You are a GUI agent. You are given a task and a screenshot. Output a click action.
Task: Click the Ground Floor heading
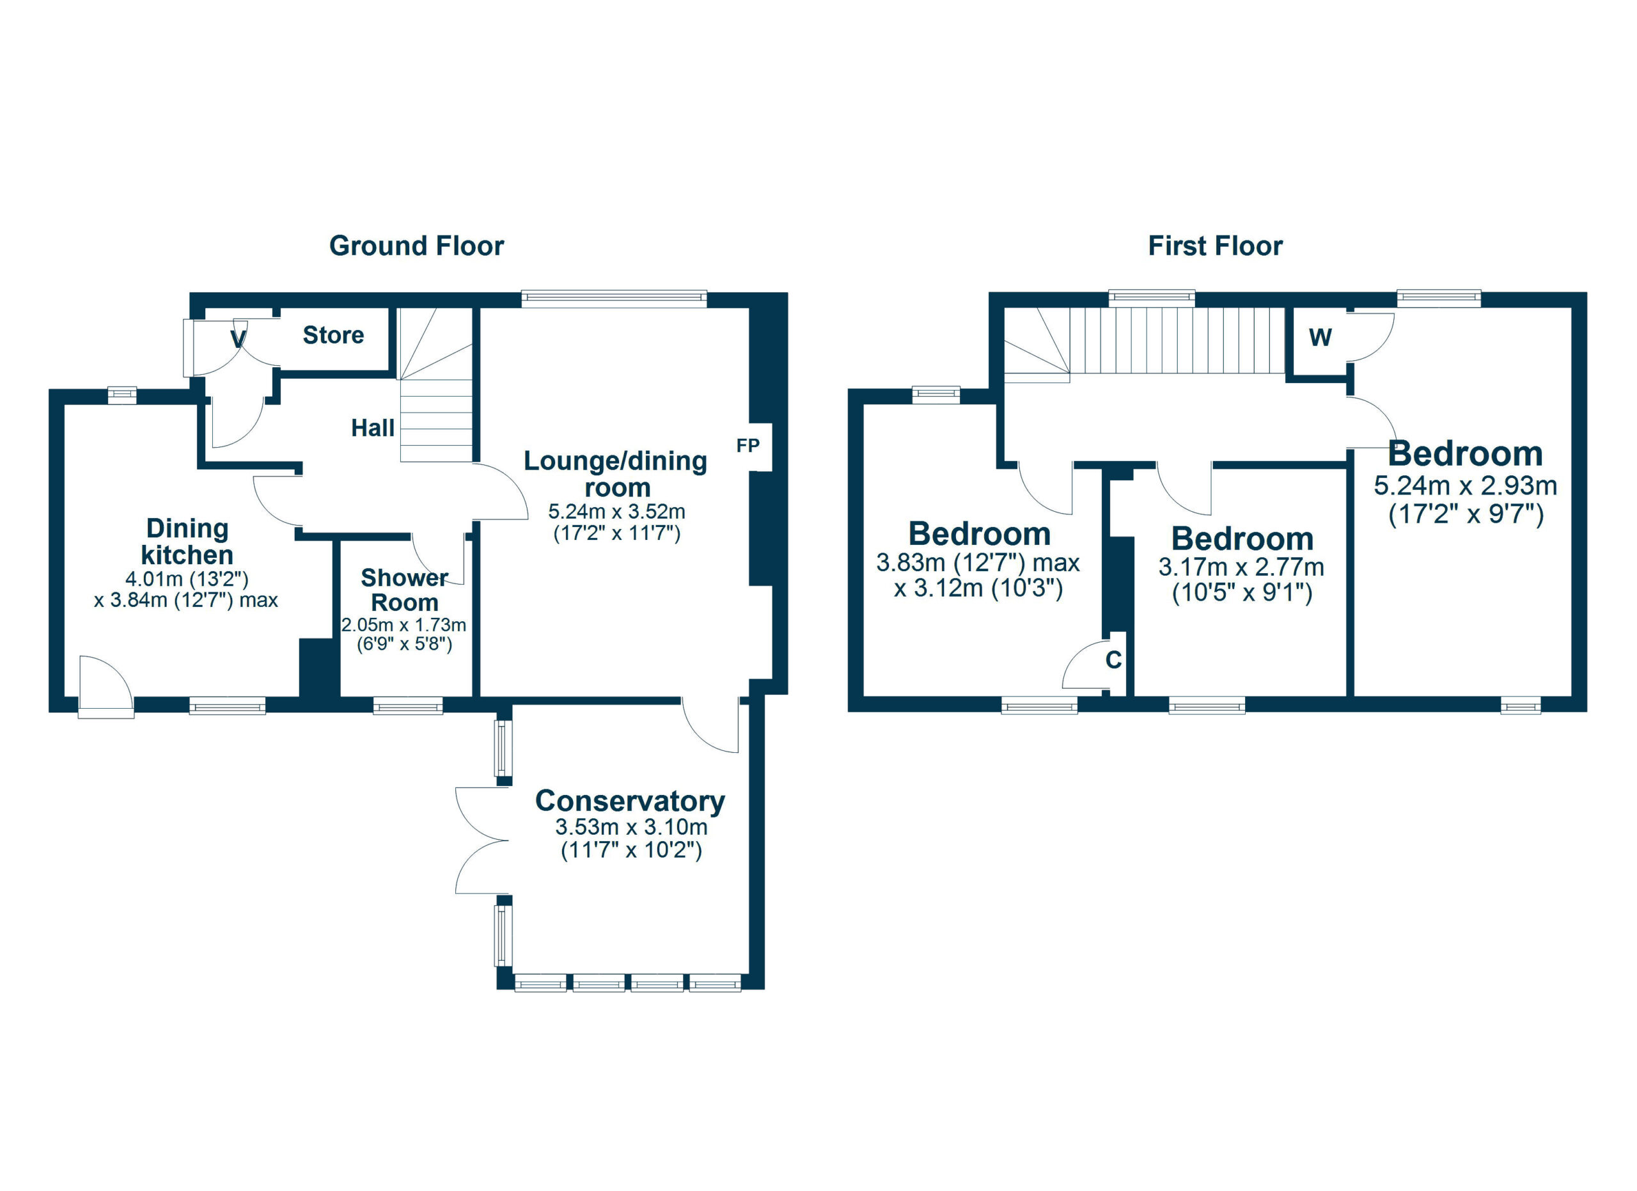point(416,246)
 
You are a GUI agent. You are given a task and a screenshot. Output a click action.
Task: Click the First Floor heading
point(1215,246)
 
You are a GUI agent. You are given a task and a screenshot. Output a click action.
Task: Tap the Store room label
point(333,335)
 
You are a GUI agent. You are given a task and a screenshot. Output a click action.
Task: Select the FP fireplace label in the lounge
point(748,446)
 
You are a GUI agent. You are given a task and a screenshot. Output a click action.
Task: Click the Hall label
point(372,428)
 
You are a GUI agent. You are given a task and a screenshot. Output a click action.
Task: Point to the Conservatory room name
point(630,800)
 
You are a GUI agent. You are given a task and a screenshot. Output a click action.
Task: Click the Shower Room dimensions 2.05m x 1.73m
point(403,625)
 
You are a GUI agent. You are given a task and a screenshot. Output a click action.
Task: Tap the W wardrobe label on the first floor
point(1320,337)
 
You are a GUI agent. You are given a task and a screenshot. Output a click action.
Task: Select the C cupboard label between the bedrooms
point(1114,659)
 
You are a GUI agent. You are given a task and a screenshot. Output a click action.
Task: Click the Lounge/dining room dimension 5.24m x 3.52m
point(616,512)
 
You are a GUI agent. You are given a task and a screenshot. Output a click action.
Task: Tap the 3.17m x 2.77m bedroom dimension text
point(1241,567)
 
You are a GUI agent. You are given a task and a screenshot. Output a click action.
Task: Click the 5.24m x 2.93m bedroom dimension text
point(1465,485)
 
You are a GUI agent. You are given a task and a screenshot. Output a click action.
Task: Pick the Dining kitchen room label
point(187,541)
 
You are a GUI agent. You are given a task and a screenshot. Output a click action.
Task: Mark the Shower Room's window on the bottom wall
point(408,706)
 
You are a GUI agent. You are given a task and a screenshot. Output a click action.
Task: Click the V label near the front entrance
point(237,338)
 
